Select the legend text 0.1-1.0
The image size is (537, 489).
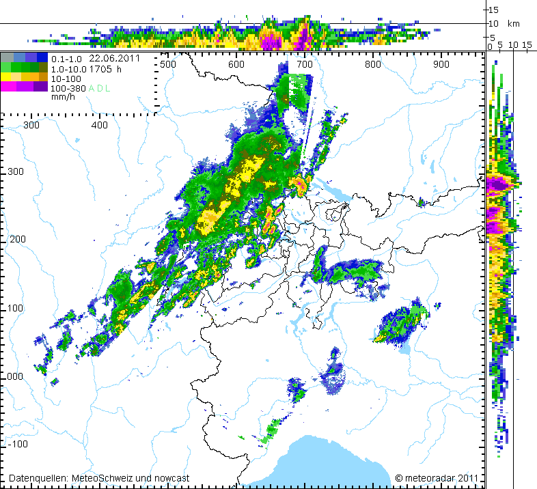pyautogui.click(x=66, y=59)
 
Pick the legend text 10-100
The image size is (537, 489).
pyautogui.click(x=66, y=79)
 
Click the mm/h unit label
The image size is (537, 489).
pyautogui.click(x=62, y=98)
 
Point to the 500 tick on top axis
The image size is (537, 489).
pyautogui.click(x=168, y=64)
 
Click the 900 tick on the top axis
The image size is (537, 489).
pyautogui.click(x=441, y=64)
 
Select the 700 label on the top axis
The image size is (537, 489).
pyautogui.click(x=305, y=64)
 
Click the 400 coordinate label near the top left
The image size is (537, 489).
pyautogui.click(x=100, y=125)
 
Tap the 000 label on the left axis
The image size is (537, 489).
pyautogui.click(x=13, y=376)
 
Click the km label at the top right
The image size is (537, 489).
pyautogui.click(x=513, y=24)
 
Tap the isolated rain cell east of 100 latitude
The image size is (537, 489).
pyautogui.click(x=403, y=324)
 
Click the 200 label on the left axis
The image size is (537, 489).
pyautogui.click(x=13, y=240)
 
